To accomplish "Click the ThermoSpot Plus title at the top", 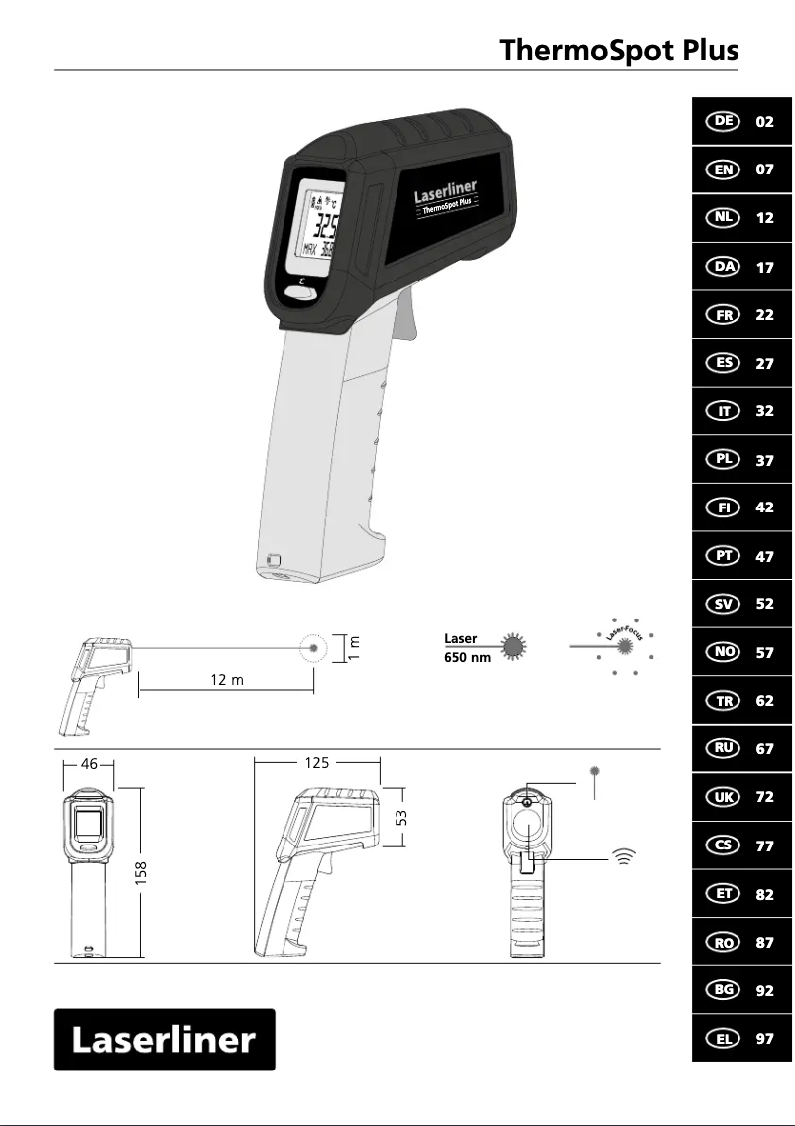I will click(619, 50).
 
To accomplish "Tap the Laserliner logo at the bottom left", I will click(164, 1040).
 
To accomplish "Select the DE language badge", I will click(724, 121).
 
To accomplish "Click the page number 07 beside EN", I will click(764, 169).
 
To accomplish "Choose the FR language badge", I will click(724, 314).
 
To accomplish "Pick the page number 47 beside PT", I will click(764, 556).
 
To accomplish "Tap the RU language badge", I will click(724, 748).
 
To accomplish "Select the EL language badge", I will click(724, 1038).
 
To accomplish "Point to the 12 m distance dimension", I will click(227, 680).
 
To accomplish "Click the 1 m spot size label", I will click(355, 648).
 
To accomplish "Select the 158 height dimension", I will click(142, 872).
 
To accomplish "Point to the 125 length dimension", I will click(317, 763).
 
